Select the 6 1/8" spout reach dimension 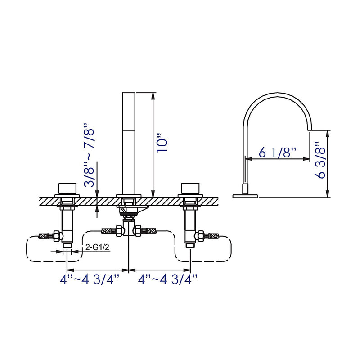(x=277, y=153)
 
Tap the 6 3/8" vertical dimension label (x=320, y=161)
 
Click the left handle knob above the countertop (x=67, y=188)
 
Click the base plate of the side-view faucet (x=246, y=196)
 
